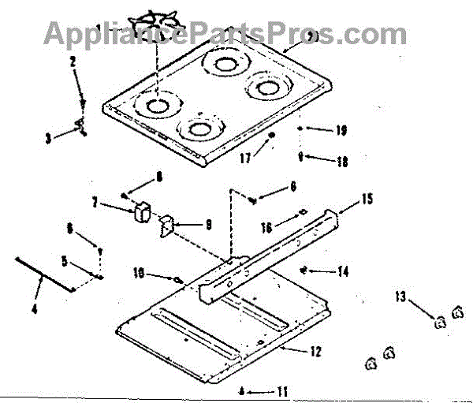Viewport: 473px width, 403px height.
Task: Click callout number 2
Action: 72,61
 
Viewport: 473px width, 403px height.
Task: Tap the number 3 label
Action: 48,137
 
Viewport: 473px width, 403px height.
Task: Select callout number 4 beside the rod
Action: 34,309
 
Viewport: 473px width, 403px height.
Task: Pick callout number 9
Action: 208,225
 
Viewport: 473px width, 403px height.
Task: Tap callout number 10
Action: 140,274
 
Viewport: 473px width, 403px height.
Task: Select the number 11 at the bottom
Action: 281,391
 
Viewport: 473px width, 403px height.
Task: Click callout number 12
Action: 315,352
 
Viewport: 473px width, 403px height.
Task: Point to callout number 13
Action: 400,297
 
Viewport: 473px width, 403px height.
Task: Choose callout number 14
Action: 342,272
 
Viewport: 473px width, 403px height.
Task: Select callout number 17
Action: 244,158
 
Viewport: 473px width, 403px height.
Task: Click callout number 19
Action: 341,130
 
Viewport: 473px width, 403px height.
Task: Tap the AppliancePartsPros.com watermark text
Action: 225,33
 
